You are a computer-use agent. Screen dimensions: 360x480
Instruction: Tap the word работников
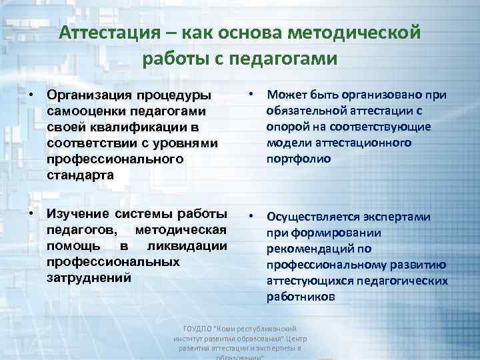click(297, 297)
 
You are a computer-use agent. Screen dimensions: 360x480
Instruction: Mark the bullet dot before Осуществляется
click(250, 217)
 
